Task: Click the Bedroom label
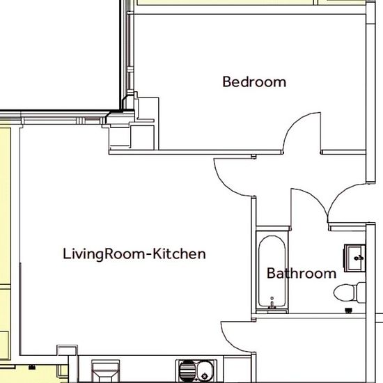254,82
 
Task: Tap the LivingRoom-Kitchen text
134,254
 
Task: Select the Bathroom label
302,274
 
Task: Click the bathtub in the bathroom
272,272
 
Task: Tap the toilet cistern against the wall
361,292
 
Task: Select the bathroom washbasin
355,258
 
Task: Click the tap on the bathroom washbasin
359,258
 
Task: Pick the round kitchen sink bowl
205,371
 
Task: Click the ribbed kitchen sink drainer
187,371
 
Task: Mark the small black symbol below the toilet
349,311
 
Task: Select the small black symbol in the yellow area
31,367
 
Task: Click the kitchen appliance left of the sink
106,370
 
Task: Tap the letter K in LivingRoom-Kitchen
157,253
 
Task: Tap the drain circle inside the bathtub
272,298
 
